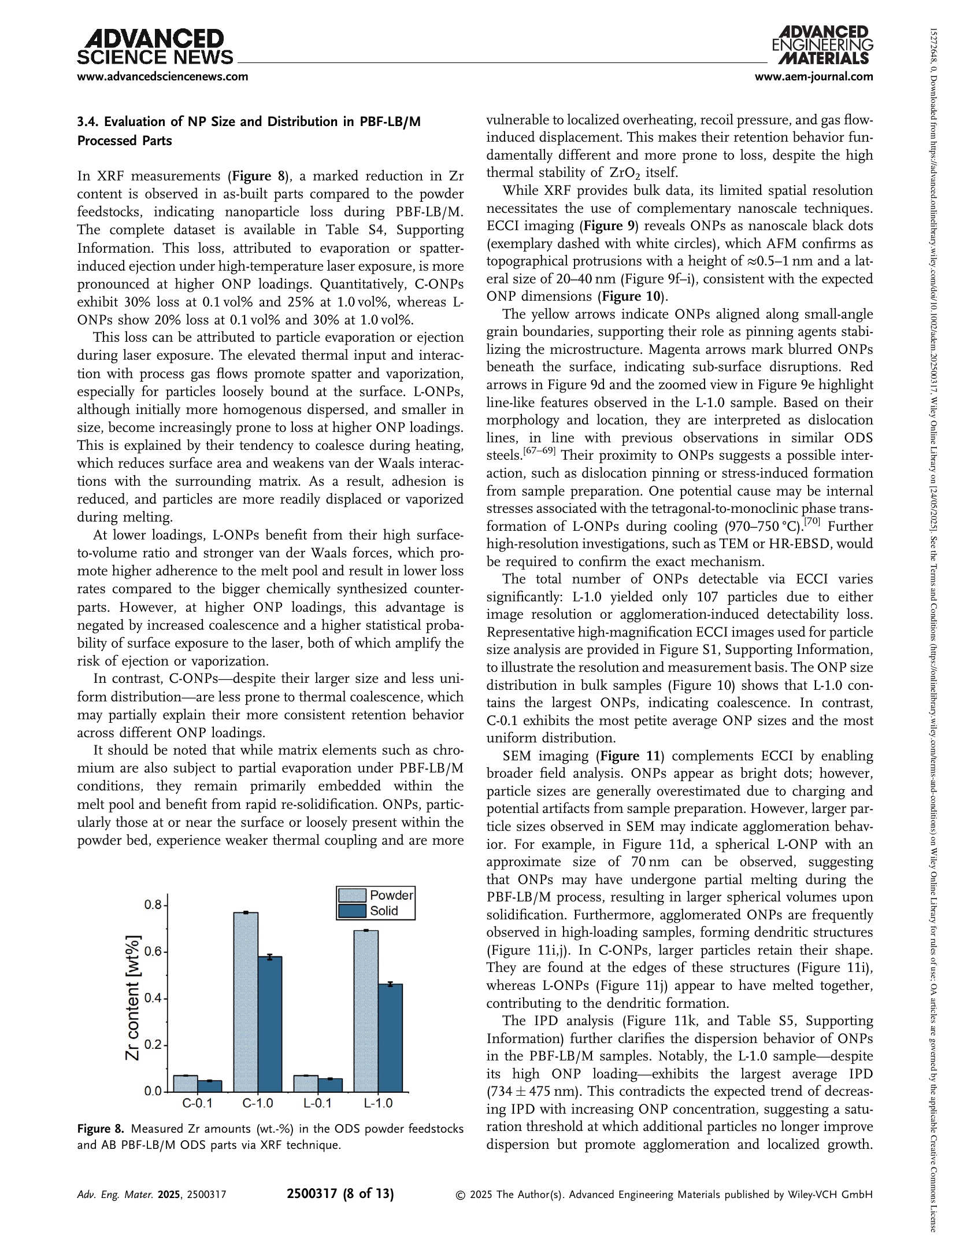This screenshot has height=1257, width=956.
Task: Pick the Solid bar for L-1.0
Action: [x=390, y=1037]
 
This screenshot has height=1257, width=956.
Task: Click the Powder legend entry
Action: [x=376, y=895]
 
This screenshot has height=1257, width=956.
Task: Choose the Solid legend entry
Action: [x=376, y=911]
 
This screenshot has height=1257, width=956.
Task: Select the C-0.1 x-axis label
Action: [x=198, y=1103]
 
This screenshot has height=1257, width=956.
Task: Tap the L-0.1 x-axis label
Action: [x=318, y=1103]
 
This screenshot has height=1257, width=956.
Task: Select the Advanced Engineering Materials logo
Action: [x=823, y=45]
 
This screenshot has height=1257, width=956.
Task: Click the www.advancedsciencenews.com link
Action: [x=163, y=76]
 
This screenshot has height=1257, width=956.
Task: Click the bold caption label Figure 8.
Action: [x=100, y=1129]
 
